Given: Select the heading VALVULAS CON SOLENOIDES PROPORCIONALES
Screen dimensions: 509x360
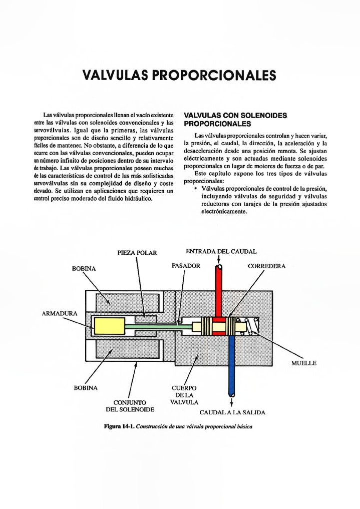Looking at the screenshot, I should pyautogui.click(x=235, y=119).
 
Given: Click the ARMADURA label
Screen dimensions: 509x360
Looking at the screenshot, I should pyautogui.click(x=60, y=314).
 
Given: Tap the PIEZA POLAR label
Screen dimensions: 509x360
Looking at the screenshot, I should pyautogui.click(x=137, y=253).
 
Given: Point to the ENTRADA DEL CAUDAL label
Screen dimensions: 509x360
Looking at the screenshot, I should pyautogui.click(x=221, y=251).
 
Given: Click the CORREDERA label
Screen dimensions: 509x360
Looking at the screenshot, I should pyautogui.click(x=266, y=266).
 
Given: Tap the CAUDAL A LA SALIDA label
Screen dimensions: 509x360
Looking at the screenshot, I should pyautogui.click(x=232, y=413).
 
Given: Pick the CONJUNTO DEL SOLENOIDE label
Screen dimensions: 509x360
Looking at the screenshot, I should pyautogui.click(x=130, y=406).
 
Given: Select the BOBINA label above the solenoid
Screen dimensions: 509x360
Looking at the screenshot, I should pyautogui.click(x=84, y=269).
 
